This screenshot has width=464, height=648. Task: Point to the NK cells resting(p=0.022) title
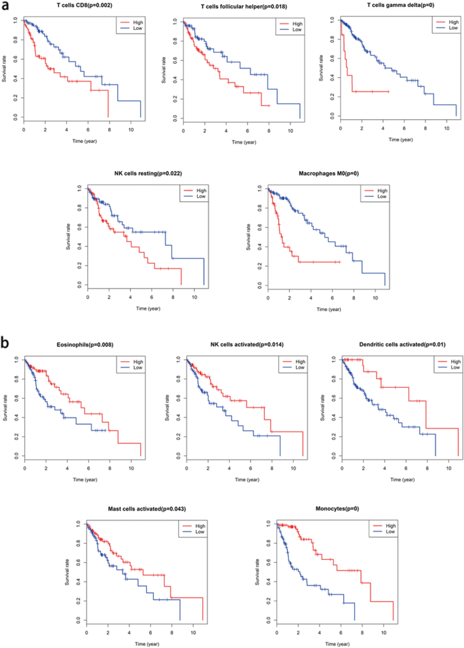click(x=145, y=174)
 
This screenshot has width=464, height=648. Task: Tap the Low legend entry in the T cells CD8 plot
click(x=134, y=29)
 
